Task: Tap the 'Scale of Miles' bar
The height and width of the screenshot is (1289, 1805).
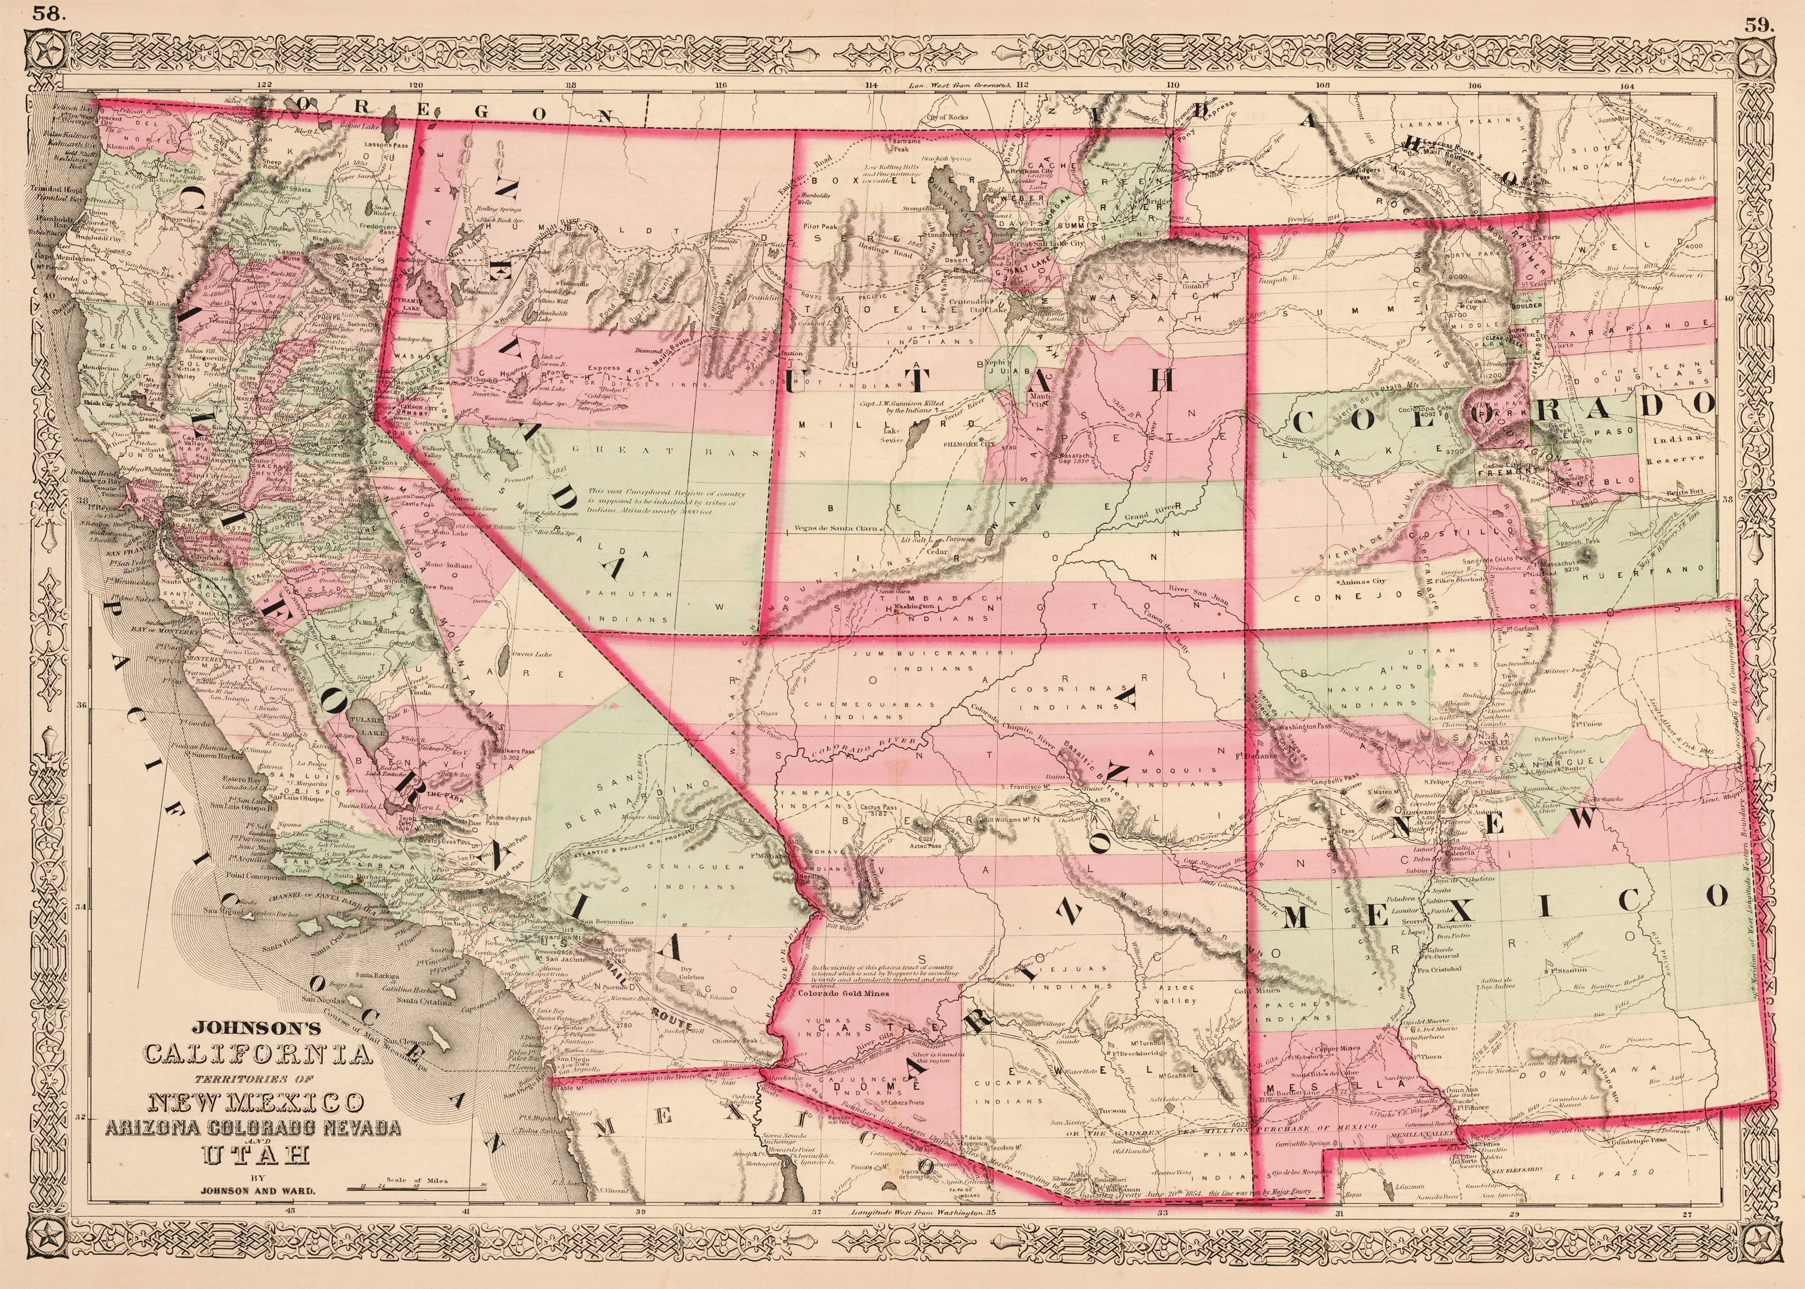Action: tap(416, 1188)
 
